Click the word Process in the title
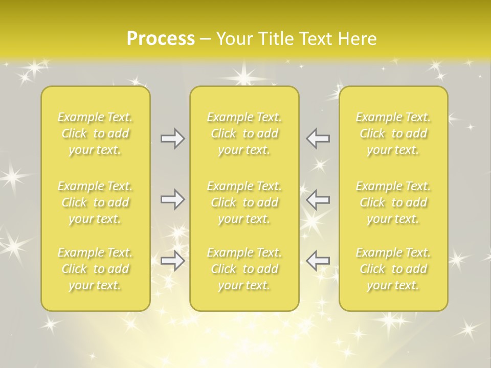pyautogui.click(x=161, y=39)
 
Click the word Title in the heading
pyautogui.click(x=277, y=39)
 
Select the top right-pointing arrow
pyautogui.click(x=172, y=139)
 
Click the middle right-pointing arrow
pyautogui.click(x=172, y=199)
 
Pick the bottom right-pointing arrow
pyautogui.click(x=172, y=261)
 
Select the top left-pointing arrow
pyautogui.click(x=318, y=139)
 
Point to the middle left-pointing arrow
pyautogui.click(x=318, y=199)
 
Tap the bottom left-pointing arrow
pyautogui.click(x=318, y=260)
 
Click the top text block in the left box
pyautogui.click(x=95, y=133)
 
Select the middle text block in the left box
pyautogui.click(x=95, y=202)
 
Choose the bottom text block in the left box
pyautogui.click(x=95, y=269)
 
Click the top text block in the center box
pyautogui.click(x=244, y=133)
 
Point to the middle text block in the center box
pyautogui.click(x=244, y=202)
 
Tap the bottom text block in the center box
pyautogui.click(x=244, y=269)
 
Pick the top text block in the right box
pyautogui.click(x=393, y=133)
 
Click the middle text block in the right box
pyautogui.click(x=393, y=202)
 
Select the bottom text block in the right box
pyautogui.click(x=393, y=269)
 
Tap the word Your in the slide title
pyautogui.click(x=234, y=39)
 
